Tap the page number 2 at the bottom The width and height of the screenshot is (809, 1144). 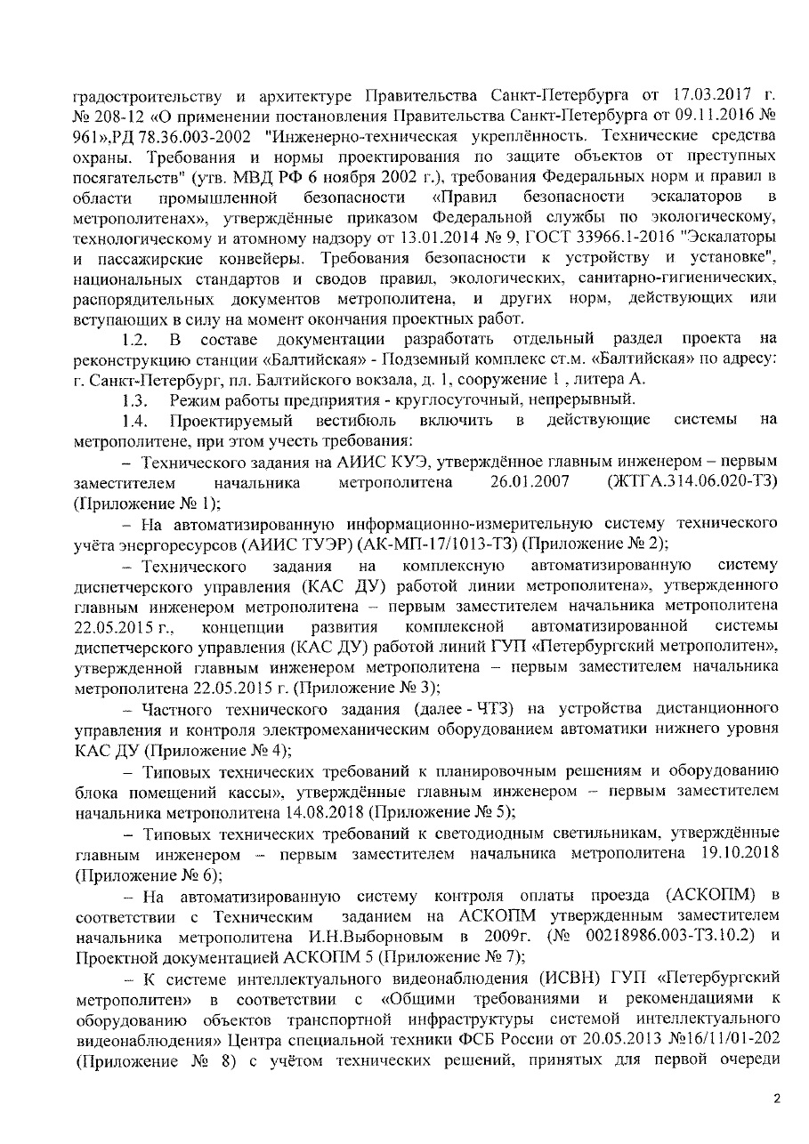776,1099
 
